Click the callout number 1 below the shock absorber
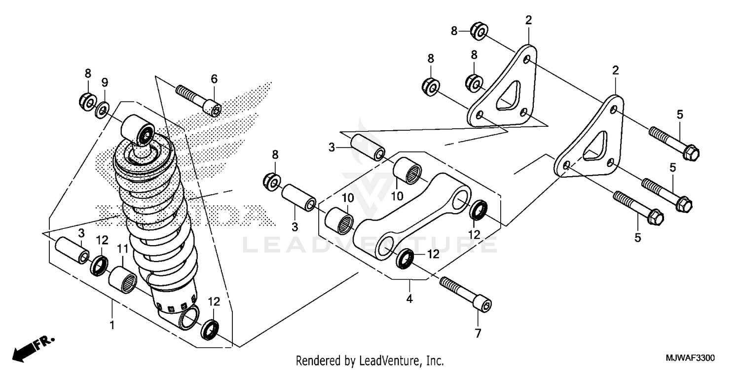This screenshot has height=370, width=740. (112, 326)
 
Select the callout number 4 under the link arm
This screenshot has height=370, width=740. (409, 299)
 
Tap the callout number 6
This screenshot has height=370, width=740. (214, 79)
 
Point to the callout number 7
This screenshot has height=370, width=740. (477, 334)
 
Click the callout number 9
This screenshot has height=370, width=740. (105, 82)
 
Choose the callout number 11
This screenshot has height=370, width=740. (122, 249)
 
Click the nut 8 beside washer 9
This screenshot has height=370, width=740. (87, 101)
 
